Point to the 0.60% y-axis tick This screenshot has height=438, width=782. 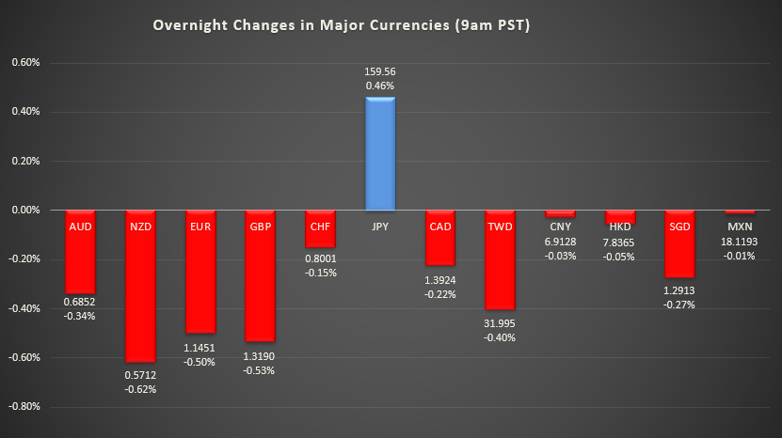point(24,63)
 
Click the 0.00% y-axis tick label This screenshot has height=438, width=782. point(24,211)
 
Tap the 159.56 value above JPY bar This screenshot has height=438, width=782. point(380,70)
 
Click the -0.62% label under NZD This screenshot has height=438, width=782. point(140,389)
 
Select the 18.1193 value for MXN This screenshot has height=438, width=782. point(740,241)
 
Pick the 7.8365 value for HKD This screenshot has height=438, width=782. point(620,241)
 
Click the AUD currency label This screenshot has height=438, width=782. point(80,226)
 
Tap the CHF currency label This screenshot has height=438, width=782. point(320,226)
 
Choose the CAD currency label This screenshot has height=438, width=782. point(439,226)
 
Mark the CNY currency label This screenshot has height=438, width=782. point(560,226)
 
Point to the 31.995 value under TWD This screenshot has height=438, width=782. point(500,323)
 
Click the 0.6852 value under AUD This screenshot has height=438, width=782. point(80,302)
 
